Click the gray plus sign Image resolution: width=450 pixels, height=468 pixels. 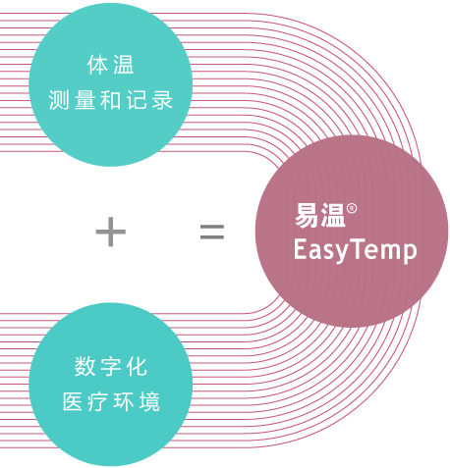click(111, 232)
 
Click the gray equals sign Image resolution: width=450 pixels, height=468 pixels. click(212, 232)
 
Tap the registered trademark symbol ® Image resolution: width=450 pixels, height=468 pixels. click(352, 209)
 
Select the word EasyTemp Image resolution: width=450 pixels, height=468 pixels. click(356, 250)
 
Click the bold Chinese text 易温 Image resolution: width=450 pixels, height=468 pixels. click(320, 215)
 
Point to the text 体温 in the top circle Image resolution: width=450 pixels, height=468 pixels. click(111, 65)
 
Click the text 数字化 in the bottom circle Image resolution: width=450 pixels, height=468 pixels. click(111, 366)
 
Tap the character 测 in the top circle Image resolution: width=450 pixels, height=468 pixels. click(59, 100)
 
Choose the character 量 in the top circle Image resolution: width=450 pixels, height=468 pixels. click(84, 100)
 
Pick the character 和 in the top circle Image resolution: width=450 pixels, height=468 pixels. click(111, 100)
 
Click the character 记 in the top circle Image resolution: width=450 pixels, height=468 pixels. click(137, 100)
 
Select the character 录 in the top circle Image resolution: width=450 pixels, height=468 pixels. click(162, 100)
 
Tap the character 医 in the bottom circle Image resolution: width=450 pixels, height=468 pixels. click(73, 401)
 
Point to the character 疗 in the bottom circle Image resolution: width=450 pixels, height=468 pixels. click(98, 401)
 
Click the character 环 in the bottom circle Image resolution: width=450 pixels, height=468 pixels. click(124, 401)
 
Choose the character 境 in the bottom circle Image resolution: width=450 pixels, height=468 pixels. click(149, 401)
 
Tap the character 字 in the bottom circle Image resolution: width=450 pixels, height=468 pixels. click(111, 366)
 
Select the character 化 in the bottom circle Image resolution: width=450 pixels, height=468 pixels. click(137, 366)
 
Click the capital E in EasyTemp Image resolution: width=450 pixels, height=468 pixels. click(300, 248)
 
